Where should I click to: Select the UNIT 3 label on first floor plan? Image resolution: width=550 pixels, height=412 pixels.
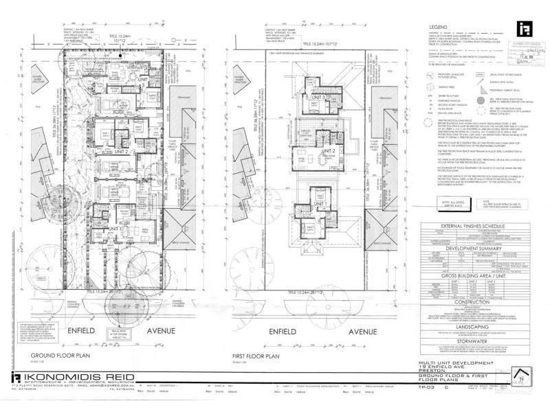317,98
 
